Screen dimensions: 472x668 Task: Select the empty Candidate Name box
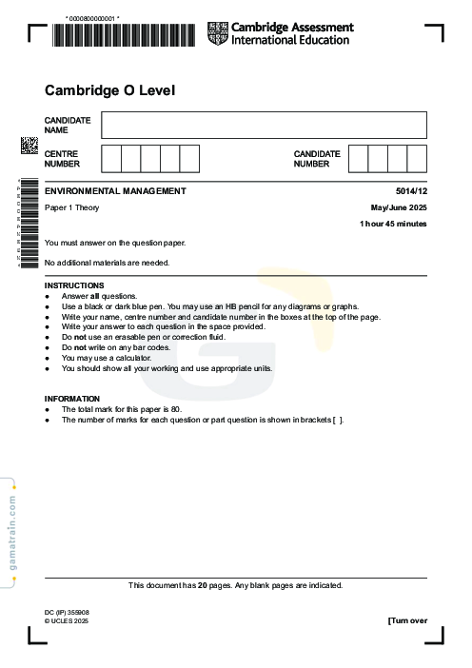[x=264, y=125]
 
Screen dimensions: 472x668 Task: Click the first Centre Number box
[x=110, y=158]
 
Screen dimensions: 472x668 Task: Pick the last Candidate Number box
[x=417, y=158]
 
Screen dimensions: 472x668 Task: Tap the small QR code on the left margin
[x=29, y=147]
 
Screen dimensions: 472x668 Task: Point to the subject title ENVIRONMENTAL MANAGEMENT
[x=115, y=191]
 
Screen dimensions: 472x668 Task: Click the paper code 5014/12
[x=411, y=191]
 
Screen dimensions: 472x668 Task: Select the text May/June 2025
[x=399, y=207]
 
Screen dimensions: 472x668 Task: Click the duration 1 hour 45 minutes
[x=393, y=224]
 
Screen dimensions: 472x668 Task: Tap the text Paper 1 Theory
[x=72, y=207]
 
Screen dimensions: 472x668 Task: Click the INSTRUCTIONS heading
[x=74, y=285]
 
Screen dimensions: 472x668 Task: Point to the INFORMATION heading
[x=72, y=399]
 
